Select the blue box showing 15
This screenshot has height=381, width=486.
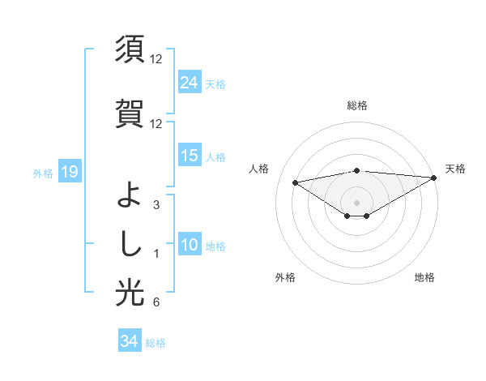click(x=190, y=156)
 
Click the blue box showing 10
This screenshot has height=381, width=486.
click(x=190, y=245)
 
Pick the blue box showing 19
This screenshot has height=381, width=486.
click(x=69, y=172)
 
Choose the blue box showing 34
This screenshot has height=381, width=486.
click(x=129, y=341)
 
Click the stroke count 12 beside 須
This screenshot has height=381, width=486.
click(x=156, y=59)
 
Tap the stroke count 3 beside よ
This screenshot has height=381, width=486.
click(x=156, y=205)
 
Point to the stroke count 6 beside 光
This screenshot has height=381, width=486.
click(x=156, y=303)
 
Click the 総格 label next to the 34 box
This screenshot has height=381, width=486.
click(x=156, y=343)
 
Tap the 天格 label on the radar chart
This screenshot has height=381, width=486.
click(x=455, y=169)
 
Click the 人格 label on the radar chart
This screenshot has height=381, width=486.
click(x=258, y=169)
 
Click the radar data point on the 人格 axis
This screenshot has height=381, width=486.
click(x=295, y=182)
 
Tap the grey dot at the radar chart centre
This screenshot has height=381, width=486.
click(x=356, y=202)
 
